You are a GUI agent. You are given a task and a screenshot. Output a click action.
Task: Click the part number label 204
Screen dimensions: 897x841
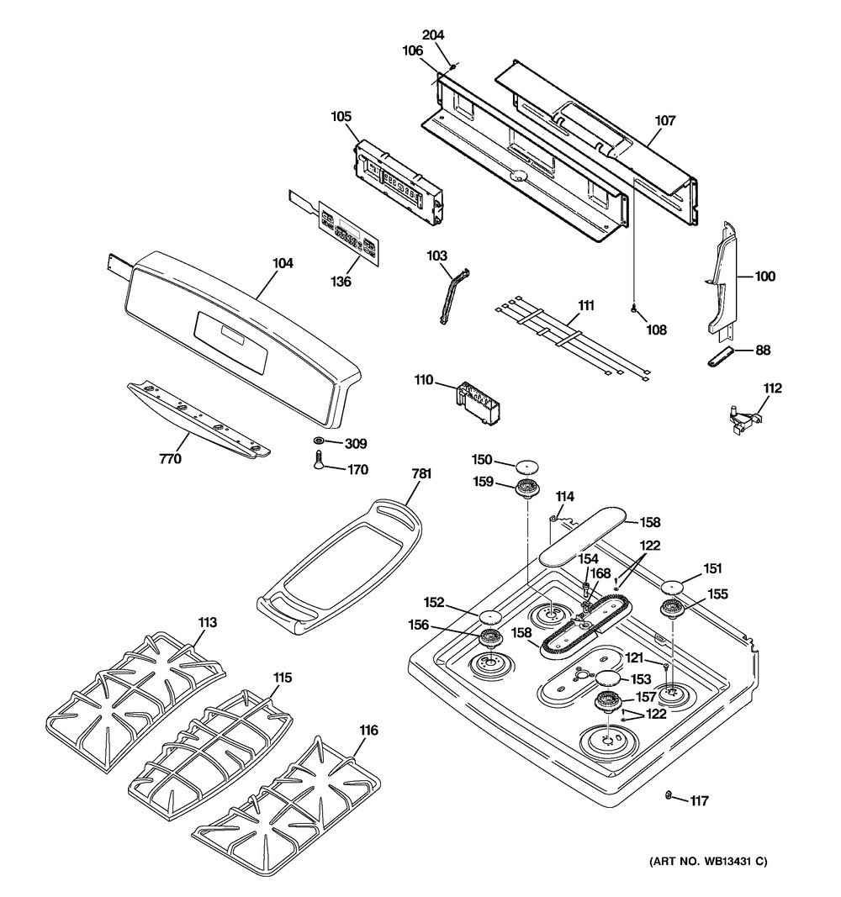(x=433, y=35)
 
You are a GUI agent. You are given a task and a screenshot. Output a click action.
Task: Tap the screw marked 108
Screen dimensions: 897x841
(x=632, y=310)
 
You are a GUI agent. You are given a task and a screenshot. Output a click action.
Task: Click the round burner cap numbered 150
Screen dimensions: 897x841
(x=526, y=465)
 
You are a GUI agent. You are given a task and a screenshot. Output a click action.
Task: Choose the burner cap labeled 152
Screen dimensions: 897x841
(x=489, y=619)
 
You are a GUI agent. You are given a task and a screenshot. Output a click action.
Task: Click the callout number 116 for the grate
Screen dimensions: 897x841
(x=368, y=731)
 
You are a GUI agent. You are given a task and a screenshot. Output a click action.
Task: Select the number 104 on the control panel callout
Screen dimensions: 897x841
(x=283, y=263)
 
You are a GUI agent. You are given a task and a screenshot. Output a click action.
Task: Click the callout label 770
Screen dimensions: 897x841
(x=171, y=459)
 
